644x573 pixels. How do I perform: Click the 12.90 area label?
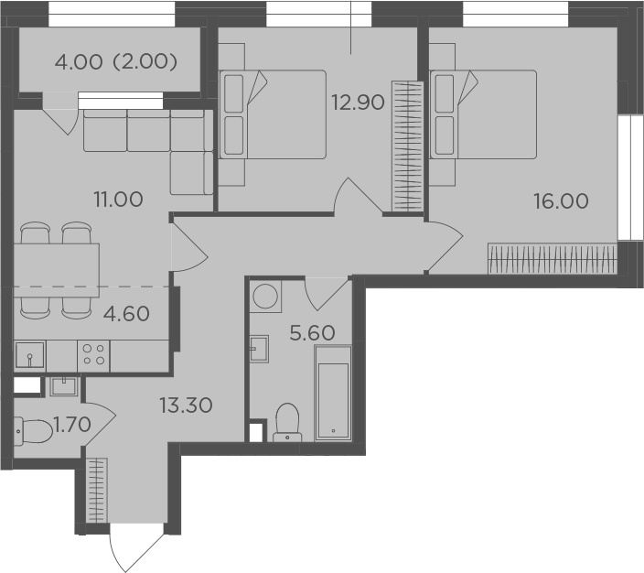pyautogui.click(x=359, y=103)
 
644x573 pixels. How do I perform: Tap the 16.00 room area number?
pyautogui.click(x=561, y=201)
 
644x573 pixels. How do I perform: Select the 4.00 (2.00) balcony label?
pyautogui.click(x=116, y=62)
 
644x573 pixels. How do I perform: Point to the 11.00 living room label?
pyautogui.click(x=118, y=200)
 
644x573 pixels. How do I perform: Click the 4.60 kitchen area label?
pyautogui.click(x=126, y=314)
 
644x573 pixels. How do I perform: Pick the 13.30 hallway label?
pyautogui.click(x=186, y=405)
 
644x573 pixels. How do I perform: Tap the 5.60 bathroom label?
pyautogui.click(x=312, y=333)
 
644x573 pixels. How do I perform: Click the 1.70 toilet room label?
pyautogui.click(x=72, y=425)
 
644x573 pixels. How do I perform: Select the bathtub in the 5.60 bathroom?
pyautogui.click(x=333, y=394)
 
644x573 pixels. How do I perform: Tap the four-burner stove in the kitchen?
pyautogui.click(x=93, y=355)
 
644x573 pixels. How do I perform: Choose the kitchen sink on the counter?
pyautogui.click(x=30, y=355)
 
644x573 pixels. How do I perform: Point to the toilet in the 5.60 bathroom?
pyautogui.click(x=287, y=423)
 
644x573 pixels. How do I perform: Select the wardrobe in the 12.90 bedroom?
pyautogui.click(x=407, y=146)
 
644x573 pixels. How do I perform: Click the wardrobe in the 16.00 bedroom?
pyautogui.click(x=553, y=258)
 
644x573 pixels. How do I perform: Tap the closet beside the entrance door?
pyautogui.click(x=97, y=491)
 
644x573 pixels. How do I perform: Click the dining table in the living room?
pyautogui.click(x=57, y=270)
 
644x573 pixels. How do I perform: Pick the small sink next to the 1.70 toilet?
pyautogui.click(x=64, y=386)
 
